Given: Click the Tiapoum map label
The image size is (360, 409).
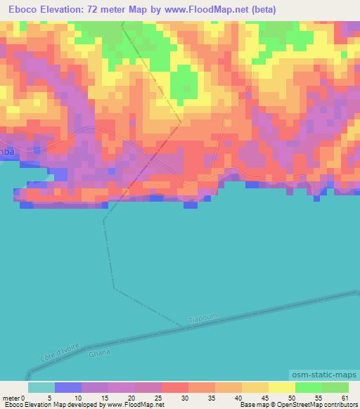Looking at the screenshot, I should (x=204, y=319).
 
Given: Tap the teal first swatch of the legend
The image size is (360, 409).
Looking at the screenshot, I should (x=41, y=388).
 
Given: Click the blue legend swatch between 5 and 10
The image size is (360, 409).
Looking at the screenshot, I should (x=68, y=388).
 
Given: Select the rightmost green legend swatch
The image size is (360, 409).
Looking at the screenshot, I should (x=335, y=388).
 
